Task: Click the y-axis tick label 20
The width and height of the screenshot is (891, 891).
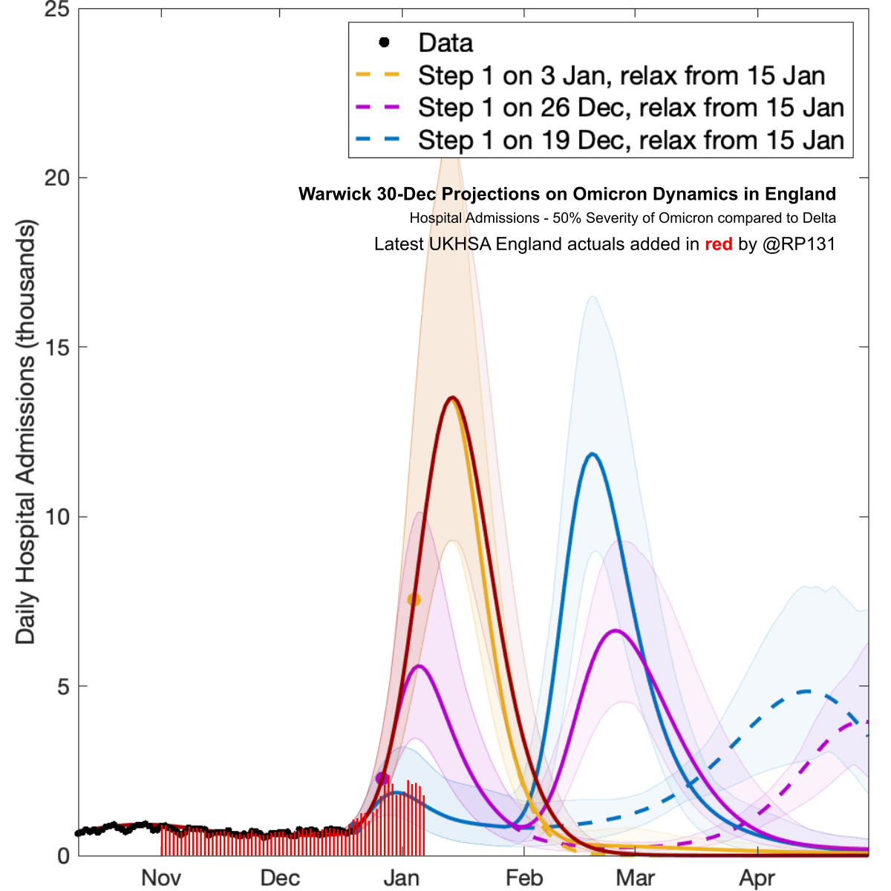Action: (x=56, y=178)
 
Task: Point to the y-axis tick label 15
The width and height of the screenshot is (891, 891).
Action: (x=56, y=347)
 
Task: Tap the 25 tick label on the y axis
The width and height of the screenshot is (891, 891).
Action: (x=56, y=10)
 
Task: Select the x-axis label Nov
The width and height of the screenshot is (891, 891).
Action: (x=161, y=878)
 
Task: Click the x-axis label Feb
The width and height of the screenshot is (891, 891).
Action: (x=524, y=878)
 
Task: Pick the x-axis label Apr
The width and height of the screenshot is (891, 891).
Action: (x=757, y=878)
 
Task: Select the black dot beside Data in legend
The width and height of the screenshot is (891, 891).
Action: (x=384, y=42)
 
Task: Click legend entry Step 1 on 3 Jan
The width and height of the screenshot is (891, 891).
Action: (x=621, y=76)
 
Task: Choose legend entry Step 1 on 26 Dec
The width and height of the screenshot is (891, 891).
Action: (x=630, y=108)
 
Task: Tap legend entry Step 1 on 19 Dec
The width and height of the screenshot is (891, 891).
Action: (x=630, y=140)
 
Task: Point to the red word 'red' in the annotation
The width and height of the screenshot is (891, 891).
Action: (x=718, y=244)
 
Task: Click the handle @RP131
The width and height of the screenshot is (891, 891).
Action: (x=799, y=244)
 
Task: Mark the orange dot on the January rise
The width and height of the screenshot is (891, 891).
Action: (x=414, y=599)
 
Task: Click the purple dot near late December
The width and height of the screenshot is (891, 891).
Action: (x=382, y=778)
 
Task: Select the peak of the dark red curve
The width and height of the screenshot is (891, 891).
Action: (x=452, y=398)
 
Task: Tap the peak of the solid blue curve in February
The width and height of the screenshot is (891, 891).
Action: (x=592, y=454)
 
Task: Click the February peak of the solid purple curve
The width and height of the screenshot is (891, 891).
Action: (x=616, y=630)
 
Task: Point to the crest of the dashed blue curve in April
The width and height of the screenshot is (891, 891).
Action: (x=807, y=691)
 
